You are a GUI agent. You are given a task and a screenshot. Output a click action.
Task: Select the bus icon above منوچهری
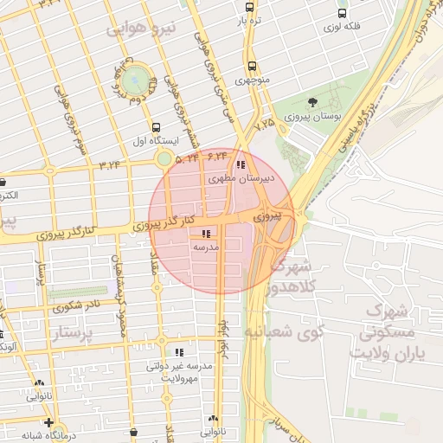point(252,66)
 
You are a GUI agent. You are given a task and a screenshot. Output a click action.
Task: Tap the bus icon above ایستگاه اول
point(156,125)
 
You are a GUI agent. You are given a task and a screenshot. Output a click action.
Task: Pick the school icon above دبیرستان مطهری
point(240,164)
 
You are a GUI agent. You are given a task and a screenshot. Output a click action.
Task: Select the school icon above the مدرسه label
point(206,234)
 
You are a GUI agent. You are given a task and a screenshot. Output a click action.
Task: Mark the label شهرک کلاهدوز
point(292,275)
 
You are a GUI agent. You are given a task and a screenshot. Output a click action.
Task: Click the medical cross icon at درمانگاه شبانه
point(49,423)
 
